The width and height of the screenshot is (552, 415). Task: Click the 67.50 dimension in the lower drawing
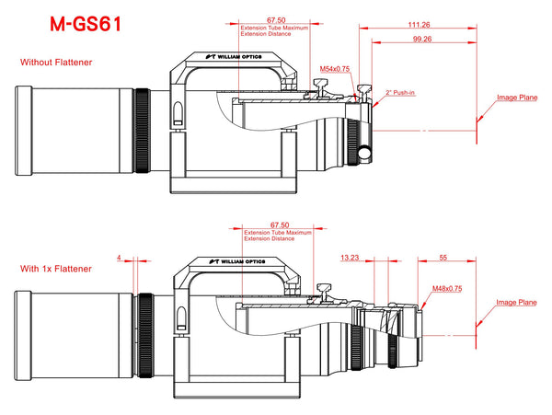tap(278, 224)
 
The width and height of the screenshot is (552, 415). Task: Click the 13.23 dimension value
tap(349, 258)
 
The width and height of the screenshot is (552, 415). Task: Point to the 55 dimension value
tap(443, 258)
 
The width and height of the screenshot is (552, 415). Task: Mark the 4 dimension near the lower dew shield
tap(120, 258)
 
